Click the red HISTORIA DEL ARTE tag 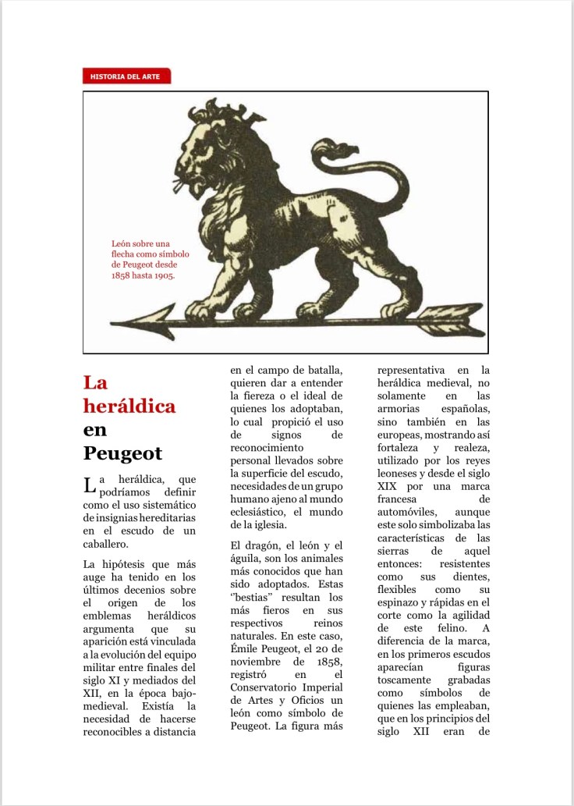point(126,76)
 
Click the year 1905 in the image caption point(162,275)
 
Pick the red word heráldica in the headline point(129,406)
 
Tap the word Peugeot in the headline point(122,453)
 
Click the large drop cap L point(90,487)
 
